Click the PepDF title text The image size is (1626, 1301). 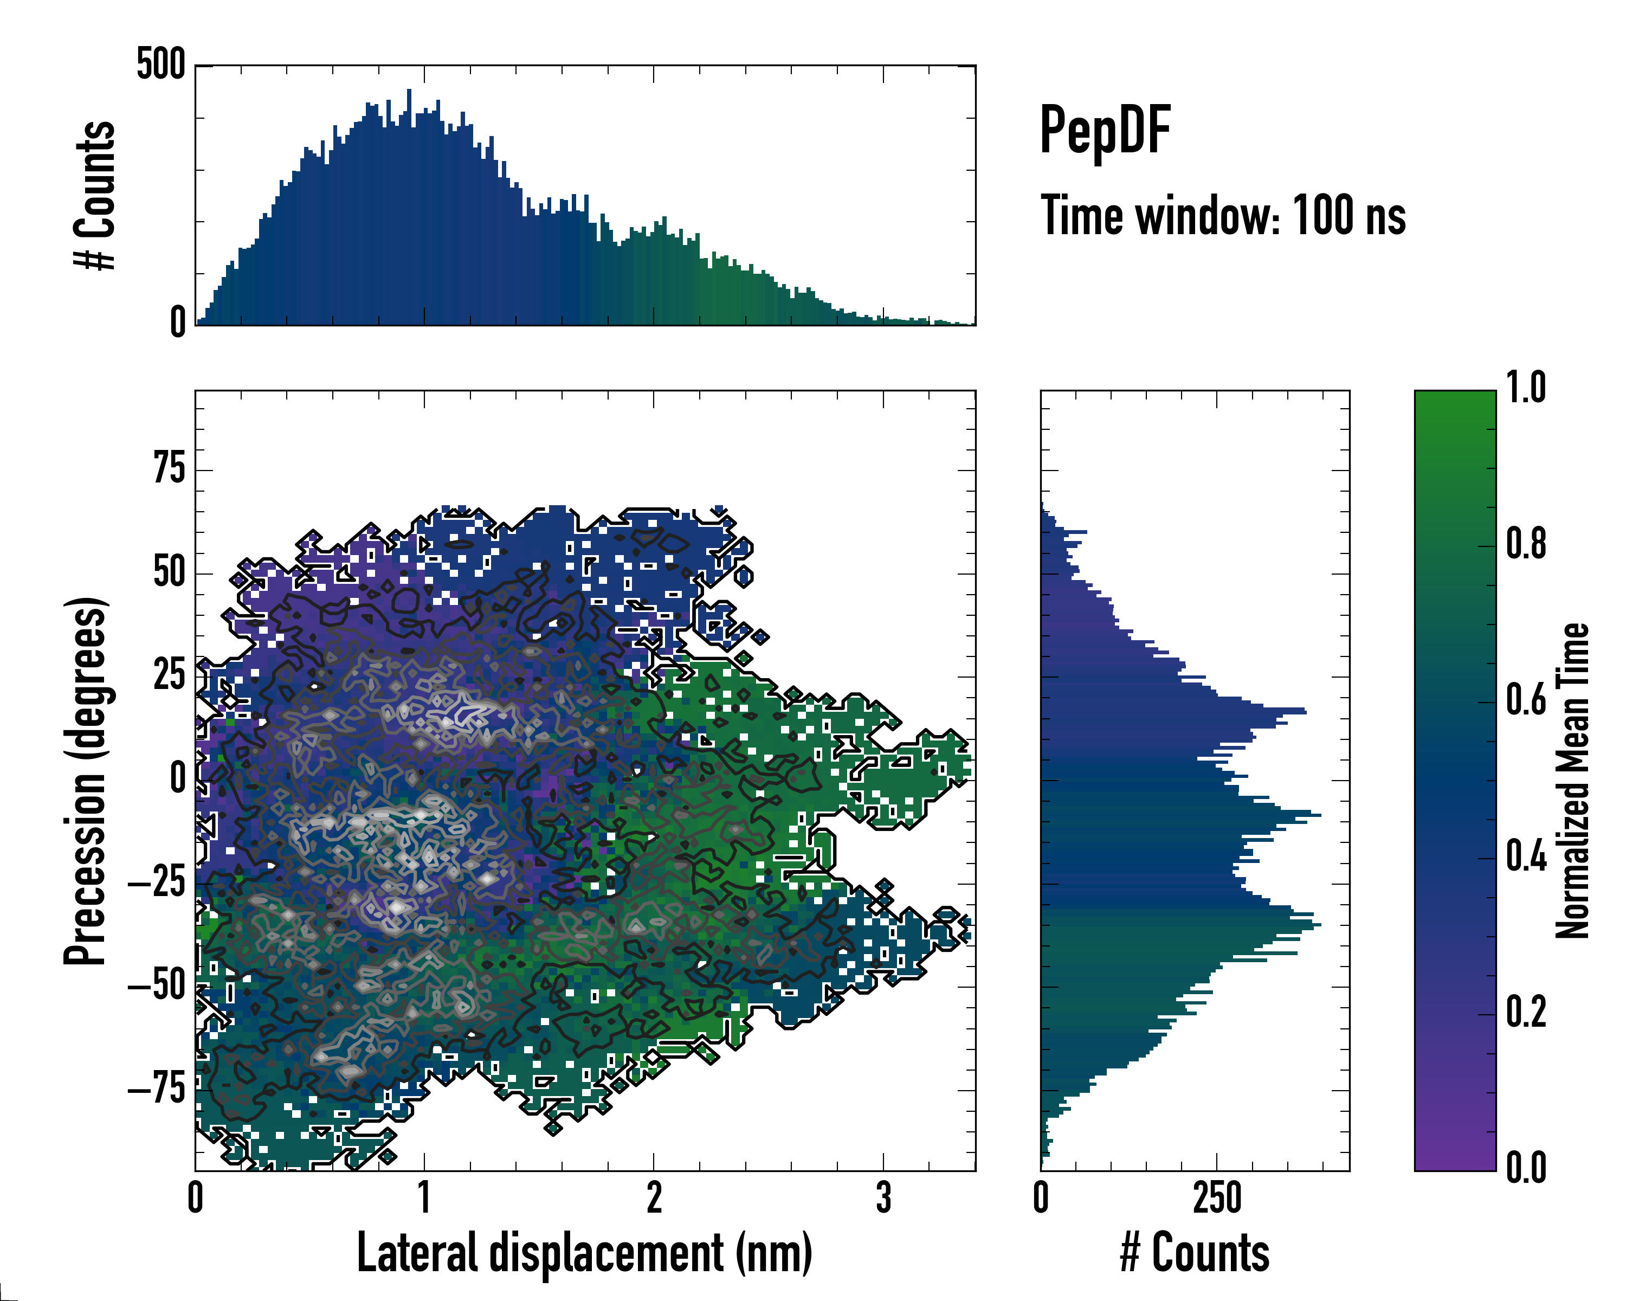click(1104, 131)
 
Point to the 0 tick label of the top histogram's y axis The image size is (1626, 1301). click(177, 323)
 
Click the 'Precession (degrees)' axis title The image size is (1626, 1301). click(85, 781)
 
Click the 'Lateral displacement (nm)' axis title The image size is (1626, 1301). click(584, 1252)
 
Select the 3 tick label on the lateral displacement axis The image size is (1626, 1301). click(883, 1197)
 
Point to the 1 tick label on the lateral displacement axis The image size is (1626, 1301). click(424, 1197)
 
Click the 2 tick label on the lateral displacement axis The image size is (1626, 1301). click(654, 1197)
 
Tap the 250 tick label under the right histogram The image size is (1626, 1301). click(1216, 1197)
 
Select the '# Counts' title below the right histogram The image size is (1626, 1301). click(1195, 1252)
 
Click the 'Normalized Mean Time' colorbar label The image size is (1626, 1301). click(1573, 781)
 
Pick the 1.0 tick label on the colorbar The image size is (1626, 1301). click(1526, 389)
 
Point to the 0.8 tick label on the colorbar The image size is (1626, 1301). click(1526, 545)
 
